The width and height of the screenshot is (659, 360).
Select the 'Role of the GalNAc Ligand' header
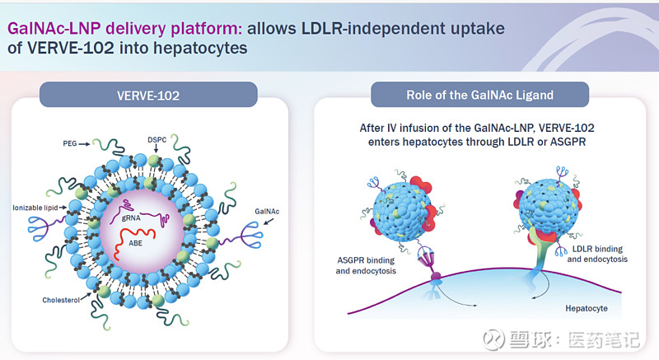point(479,95)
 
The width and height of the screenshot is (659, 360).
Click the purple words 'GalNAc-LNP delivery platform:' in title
point(125,28)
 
